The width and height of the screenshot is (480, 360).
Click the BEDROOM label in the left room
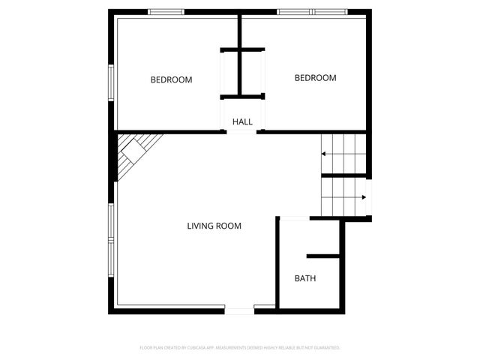171,79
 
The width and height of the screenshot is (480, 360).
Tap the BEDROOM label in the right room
315,78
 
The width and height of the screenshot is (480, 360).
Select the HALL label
242,121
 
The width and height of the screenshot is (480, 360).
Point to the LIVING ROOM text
214,226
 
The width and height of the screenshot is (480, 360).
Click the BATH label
304,278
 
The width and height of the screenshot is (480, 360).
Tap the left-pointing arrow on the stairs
324,154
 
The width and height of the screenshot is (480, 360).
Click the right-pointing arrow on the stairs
363,198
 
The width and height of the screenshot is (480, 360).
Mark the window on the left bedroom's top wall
166,12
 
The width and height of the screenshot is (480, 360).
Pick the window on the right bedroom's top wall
313,12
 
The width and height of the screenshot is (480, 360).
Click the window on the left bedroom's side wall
112,82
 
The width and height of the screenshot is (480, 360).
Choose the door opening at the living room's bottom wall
240,310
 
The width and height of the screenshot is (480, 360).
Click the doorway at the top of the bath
295,218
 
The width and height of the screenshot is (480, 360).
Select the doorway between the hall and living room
242,133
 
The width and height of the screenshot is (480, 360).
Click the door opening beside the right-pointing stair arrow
370,198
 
